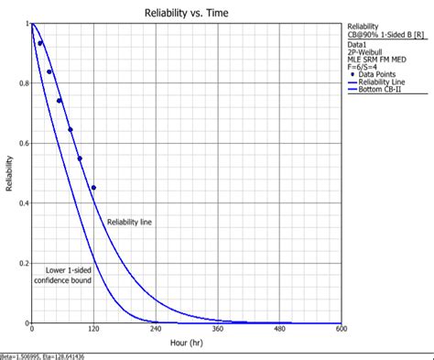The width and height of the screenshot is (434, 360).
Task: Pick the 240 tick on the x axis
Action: (x=156, y=330)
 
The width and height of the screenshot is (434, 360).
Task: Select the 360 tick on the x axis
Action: (x=218, y=330)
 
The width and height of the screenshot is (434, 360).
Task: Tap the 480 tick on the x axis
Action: (x=279, y=330)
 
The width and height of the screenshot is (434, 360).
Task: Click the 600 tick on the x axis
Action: (x=342, y=330)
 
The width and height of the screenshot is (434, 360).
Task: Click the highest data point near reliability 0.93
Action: (x=39, y=43)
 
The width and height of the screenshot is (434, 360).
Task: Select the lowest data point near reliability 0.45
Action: (x=93, y=188)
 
